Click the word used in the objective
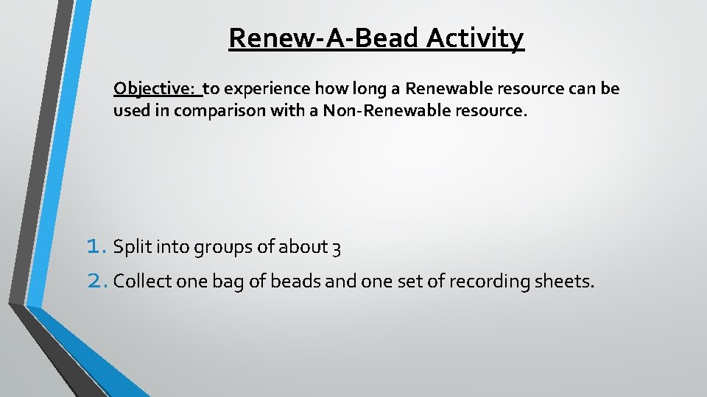(130, 111)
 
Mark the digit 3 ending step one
(336, 248)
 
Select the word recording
(487, 282)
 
